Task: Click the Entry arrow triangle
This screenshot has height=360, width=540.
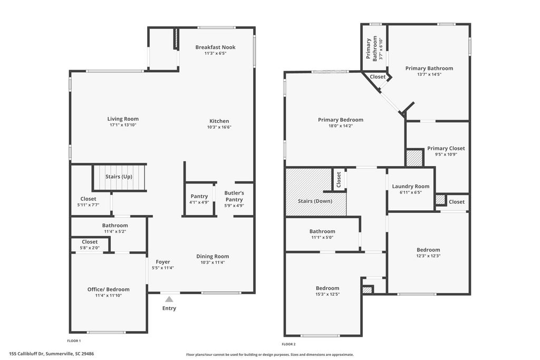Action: pyautogui.click(x=169, y=299)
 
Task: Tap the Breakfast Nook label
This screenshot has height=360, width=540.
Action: pyautogui.click(x=215, y=47)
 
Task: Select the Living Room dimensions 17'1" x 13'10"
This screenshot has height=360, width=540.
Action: pyautogui.click(x=123, y=125)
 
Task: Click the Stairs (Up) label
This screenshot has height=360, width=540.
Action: pyautogui.click(x=119, y=177)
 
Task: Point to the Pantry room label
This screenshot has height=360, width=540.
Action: pyautogui.click(x=199, y=196)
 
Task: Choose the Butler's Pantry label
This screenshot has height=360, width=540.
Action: pyautogui.click(x=234, y=196)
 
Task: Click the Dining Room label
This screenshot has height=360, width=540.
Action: pyautogui.click(x=213, y=256)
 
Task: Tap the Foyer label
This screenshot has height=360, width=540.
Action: pyautogui.click(x=162, y=262)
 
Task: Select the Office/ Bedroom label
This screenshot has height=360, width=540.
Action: pyautogui.click(x=108, y=289)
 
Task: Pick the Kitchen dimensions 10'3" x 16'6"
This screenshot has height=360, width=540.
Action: pyautogui.click(x=219, y=127)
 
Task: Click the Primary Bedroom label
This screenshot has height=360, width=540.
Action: pyautogui.click(x=340, y=120)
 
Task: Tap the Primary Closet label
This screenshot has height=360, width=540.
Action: pyautogui.click(x=446, y=149)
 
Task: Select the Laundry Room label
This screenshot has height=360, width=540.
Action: pyautogui.click(x=410, y=187)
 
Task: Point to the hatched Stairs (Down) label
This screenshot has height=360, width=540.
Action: pyautogui.click(x=315, y=201)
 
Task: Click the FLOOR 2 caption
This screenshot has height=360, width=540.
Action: pyautogui.click(x=288, y=344)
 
